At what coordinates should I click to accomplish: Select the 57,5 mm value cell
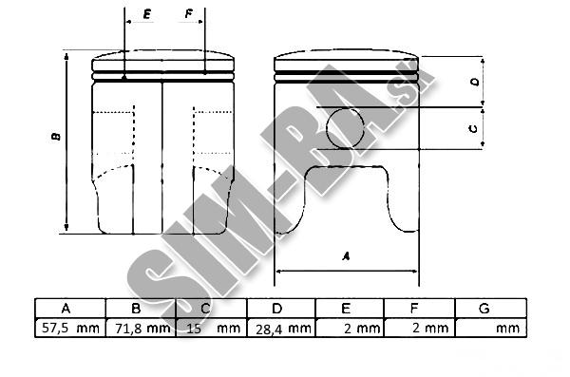[x=70, y=328]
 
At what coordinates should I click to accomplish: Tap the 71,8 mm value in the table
[x=141, y=328]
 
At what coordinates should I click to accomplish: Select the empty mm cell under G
[x=491, y=328]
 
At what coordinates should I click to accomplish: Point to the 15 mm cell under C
[x=212, y=328]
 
